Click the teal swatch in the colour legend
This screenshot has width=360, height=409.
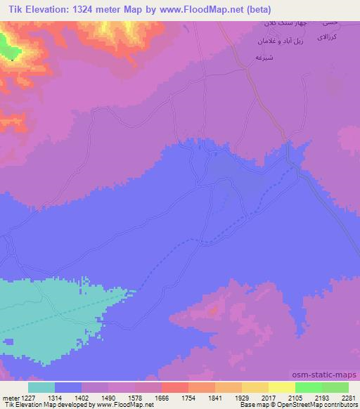point(41,387)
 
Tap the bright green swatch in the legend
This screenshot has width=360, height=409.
point(308,387)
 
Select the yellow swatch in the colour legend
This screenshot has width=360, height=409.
point(281,387)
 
